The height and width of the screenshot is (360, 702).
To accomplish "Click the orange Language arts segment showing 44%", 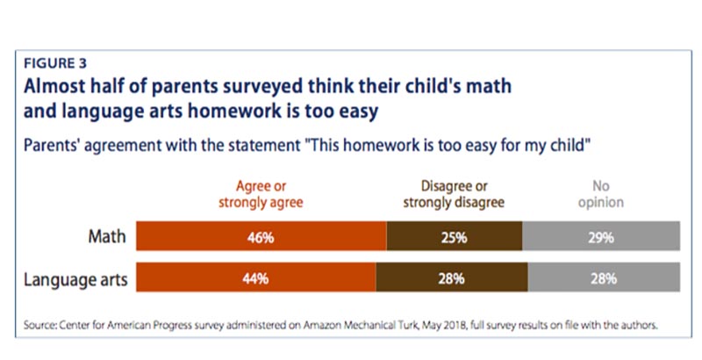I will pos(256,278).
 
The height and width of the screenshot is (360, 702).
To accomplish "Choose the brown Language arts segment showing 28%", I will pos(452,278).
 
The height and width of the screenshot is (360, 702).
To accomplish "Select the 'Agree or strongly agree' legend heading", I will pos(261,194).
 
